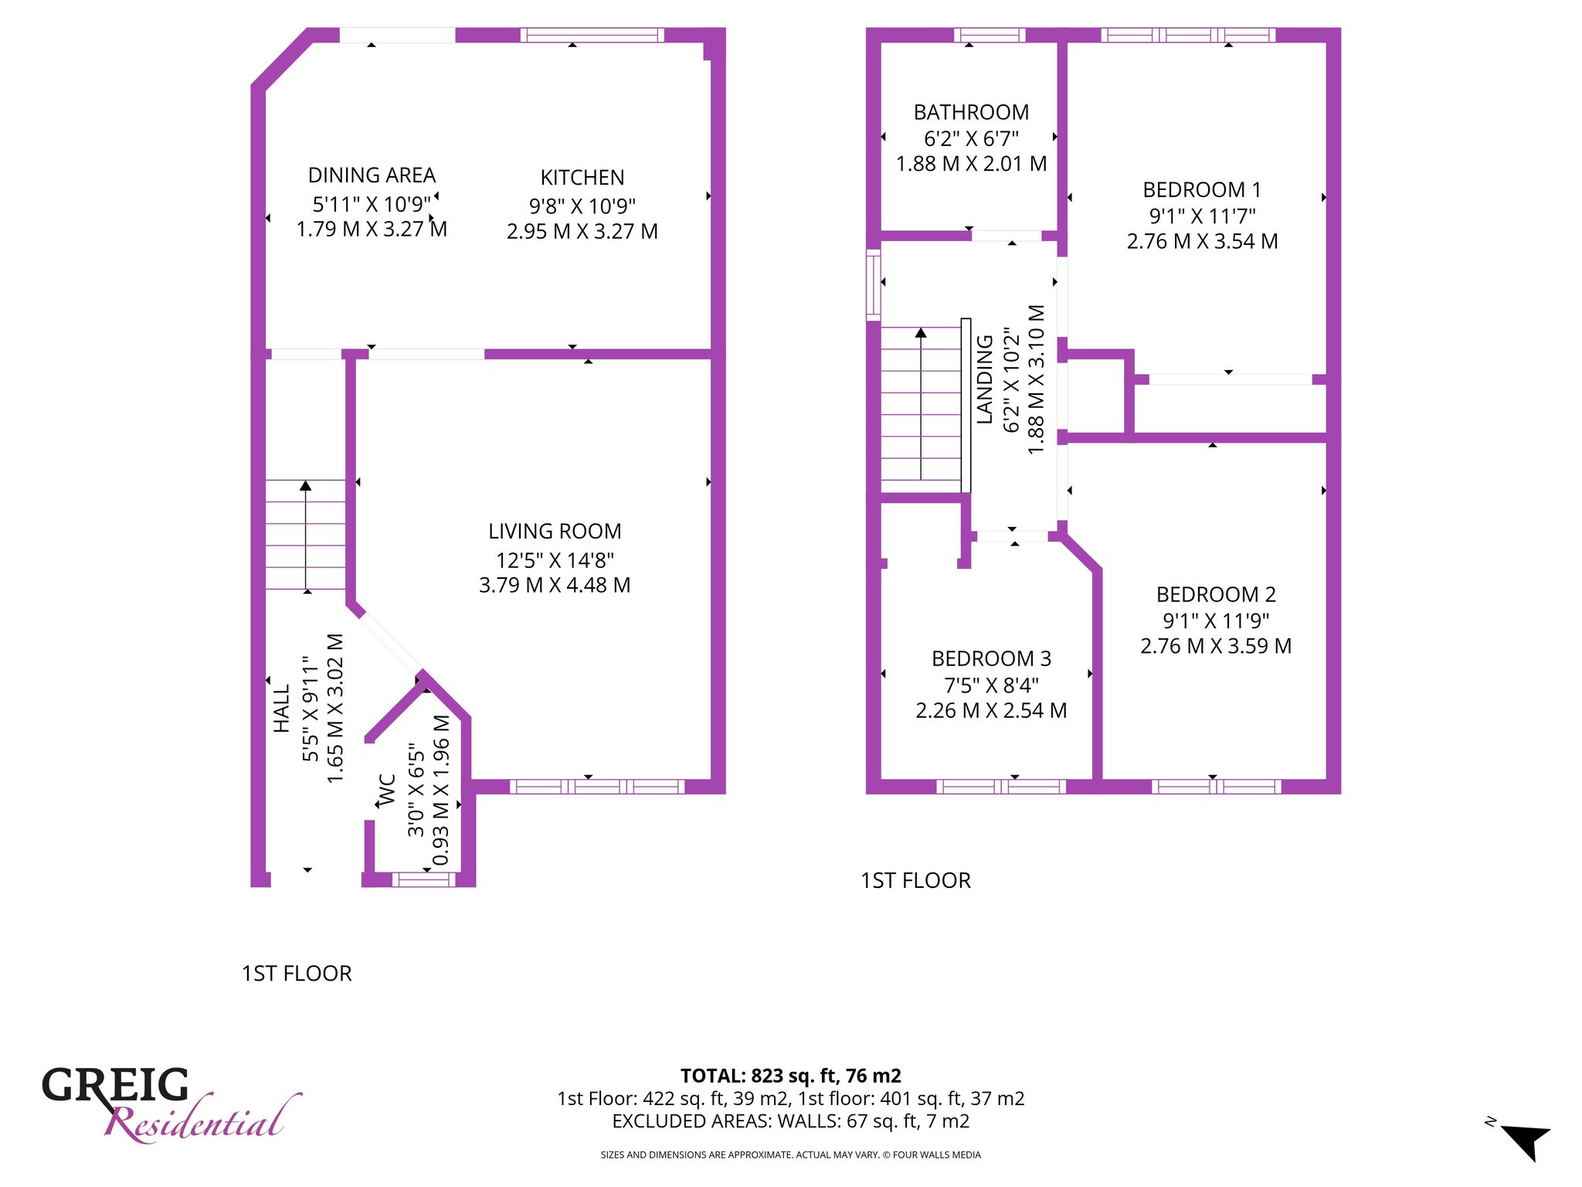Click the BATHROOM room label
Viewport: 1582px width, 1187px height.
pos(971,113)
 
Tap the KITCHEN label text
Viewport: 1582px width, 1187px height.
pos(582,178)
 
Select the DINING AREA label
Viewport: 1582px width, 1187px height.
pos(372,175)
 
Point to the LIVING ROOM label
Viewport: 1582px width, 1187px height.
pos(555,532)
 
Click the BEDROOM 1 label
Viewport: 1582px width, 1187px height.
pos(1202,190)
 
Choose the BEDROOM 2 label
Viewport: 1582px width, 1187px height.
pos(1216,595)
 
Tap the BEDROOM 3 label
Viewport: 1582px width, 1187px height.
pos(991,659)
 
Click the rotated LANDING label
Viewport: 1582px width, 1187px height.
pos(985,379)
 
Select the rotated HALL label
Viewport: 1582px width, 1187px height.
pos(281,709)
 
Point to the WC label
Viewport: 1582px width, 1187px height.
pos(387,790)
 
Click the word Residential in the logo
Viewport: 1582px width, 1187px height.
pos(202,1119)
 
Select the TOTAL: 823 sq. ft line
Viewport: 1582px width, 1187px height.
pos(790,1076)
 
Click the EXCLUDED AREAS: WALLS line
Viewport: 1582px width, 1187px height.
pos(790,1121)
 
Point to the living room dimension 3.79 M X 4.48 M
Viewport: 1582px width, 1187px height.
pos(555,585)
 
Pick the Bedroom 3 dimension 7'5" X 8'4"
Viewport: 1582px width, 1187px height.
pos(991,685)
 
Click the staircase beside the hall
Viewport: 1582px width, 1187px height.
pos(306,535)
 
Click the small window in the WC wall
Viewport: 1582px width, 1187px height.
pos(425,879)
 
